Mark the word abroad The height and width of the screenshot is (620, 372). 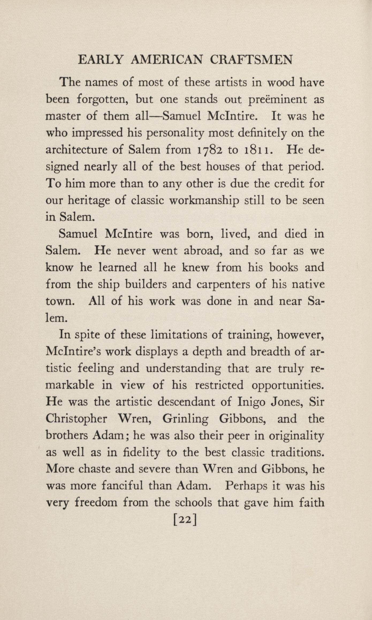[203, 251]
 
